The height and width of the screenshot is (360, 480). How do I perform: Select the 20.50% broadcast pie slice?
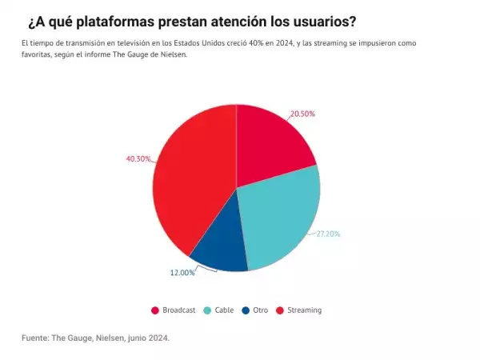pos(272,140)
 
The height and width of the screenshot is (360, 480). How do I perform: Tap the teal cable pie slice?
pos(280,220)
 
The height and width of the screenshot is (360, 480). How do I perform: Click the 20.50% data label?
pos(302,114)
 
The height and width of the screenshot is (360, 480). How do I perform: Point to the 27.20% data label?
pos(328,234)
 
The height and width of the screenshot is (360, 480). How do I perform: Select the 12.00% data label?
pos(182,273)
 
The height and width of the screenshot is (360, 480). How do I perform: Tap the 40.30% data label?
pos(138,159)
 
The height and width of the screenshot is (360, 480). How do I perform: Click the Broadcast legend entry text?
pos(178,310)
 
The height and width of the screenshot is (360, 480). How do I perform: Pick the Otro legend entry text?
pos(260,310)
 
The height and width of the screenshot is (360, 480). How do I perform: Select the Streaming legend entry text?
pos(304,310)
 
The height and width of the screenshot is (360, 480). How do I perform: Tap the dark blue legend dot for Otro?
pos(243,310)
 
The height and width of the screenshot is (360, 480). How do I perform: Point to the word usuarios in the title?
pos(320,20)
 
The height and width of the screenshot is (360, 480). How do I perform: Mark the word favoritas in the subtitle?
pos(36,54)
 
